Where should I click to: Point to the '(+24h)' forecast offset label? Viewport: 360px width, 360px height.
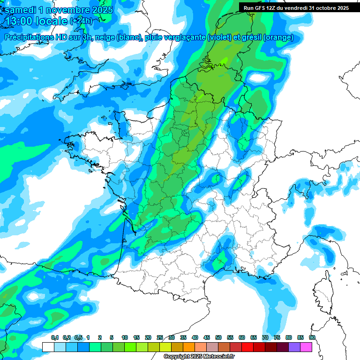click(x=81, y=21)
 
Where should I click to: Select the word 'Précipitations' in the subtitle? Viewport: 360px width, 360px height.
click(x=29, y=37)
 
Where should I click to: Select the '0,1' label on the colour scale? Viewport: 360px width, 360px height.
click(x=54, y=337)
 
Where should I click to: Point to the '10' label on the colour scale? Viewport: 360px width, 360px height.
click(x=125, y=337)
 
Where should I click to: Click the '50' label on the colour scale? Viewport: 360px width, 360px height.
click(x=218, y=337)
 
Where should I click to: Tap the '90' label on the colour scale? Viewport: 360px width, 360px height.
click(x=312, y=337)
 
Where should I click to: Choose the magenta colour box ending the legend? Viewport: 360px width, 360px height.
click(x=306, y=347)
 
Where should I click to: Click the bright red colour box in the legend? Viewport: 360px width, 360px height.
click(x=247, y=347)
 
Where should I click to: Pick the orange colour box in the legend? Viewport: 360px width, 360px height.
click(x=189, y=347)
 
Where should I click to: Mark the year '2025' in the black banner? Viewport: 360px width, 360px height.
click(x=339, y=7)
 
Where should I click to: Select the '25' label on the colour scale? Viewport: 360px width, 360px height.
click(x=160, y=337)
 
